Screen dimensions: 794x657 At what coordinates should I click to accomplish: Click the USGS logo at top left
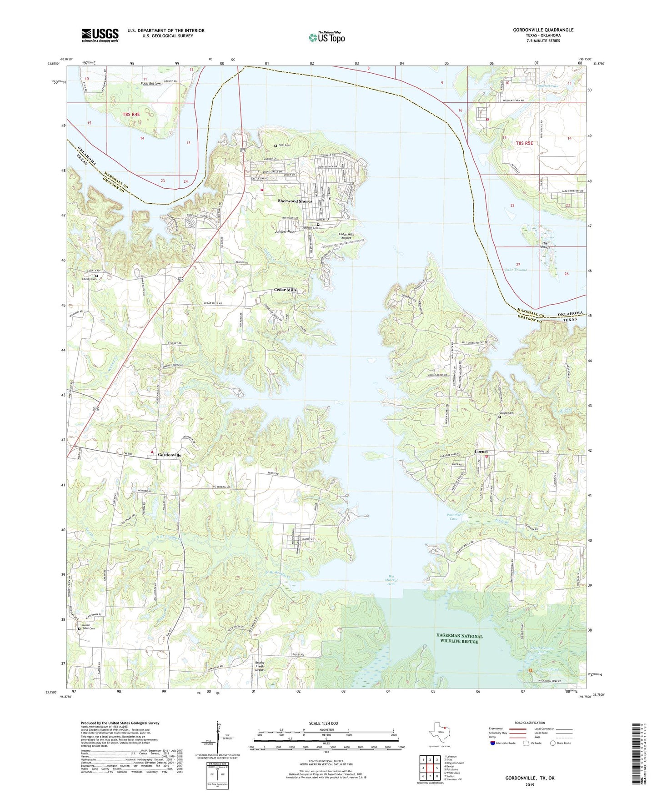pyautogui.click(x=100, y=35)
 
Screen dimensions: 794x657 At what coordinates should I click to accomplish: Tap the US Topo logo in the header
pyautogui.click(x=326, y=37)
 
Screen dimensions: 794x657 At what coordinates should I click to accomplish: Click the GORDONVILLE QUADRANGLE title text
pyautogui.click(x=543, y=30)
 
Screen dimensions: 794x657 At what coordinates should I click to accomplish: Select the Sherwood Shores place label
pyautogui.click(x=295, y=201)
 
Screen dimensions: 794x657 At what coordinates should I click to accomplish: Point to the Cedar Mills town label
pyautogui.click(x=285, y=290)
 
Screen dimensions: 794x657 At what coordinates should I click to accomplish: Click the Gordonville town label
pyautogui.click(x=170, y=455)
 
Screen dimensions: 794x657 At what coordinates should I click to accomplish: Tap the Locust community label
pyautogui.click(x=481, y=452)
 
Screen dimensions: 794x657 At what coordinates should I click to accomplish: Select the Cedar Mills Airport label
pyautogui.click(x=346, y=236)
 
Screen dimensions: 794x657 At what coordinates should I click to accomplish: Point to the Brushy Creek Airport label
pyautogui.click(x=260, y=667)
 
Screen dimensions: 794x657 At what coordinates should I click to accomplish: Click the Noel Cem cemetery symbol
pyautogui.click(x=276, y=146)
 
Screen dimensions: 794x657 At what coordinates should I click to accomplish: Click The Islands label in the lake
pyautogui.click(x=546, y=245)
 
